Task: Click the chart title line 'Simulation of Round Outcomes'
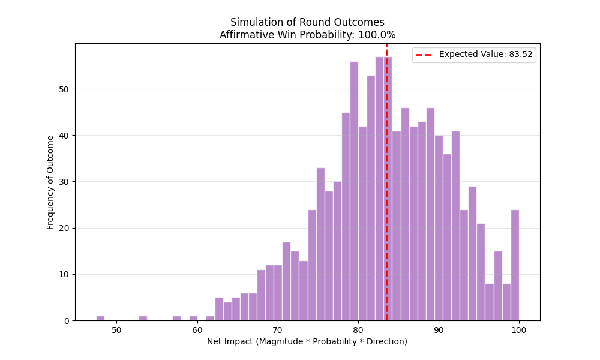click(x=307, y=23)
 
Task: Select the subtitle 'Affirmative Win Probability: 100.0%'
click(x=307, y=35)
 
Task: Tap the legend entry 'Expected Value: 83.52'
click(x=485, y=55)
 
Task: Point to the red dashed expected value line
click(x=386, y=180)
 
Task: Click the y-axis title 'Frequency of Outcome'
click(x=50, y=182)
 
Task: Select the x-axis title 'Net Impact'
click(x=307, y=341)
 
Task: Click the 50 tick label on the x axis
click(x=116, y=329)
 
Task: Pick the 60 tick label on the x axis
click(x=197, y=329)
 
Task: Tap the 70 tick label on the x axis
click(x=277, y=329)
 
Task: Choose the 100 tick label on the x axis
click(x=519, y=329)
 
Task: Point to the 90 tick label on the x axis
click(x=439, y=329)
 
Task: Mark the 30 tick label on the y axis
click(x=66, y=182)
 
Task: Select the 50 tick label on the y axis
click(x=66, y=89)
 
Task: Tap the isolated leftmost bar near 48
click(x=100, y=318)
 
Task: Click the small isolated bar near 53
click(x=143, y=318)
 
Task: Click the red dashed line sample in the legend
click(x=425, y=55)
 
